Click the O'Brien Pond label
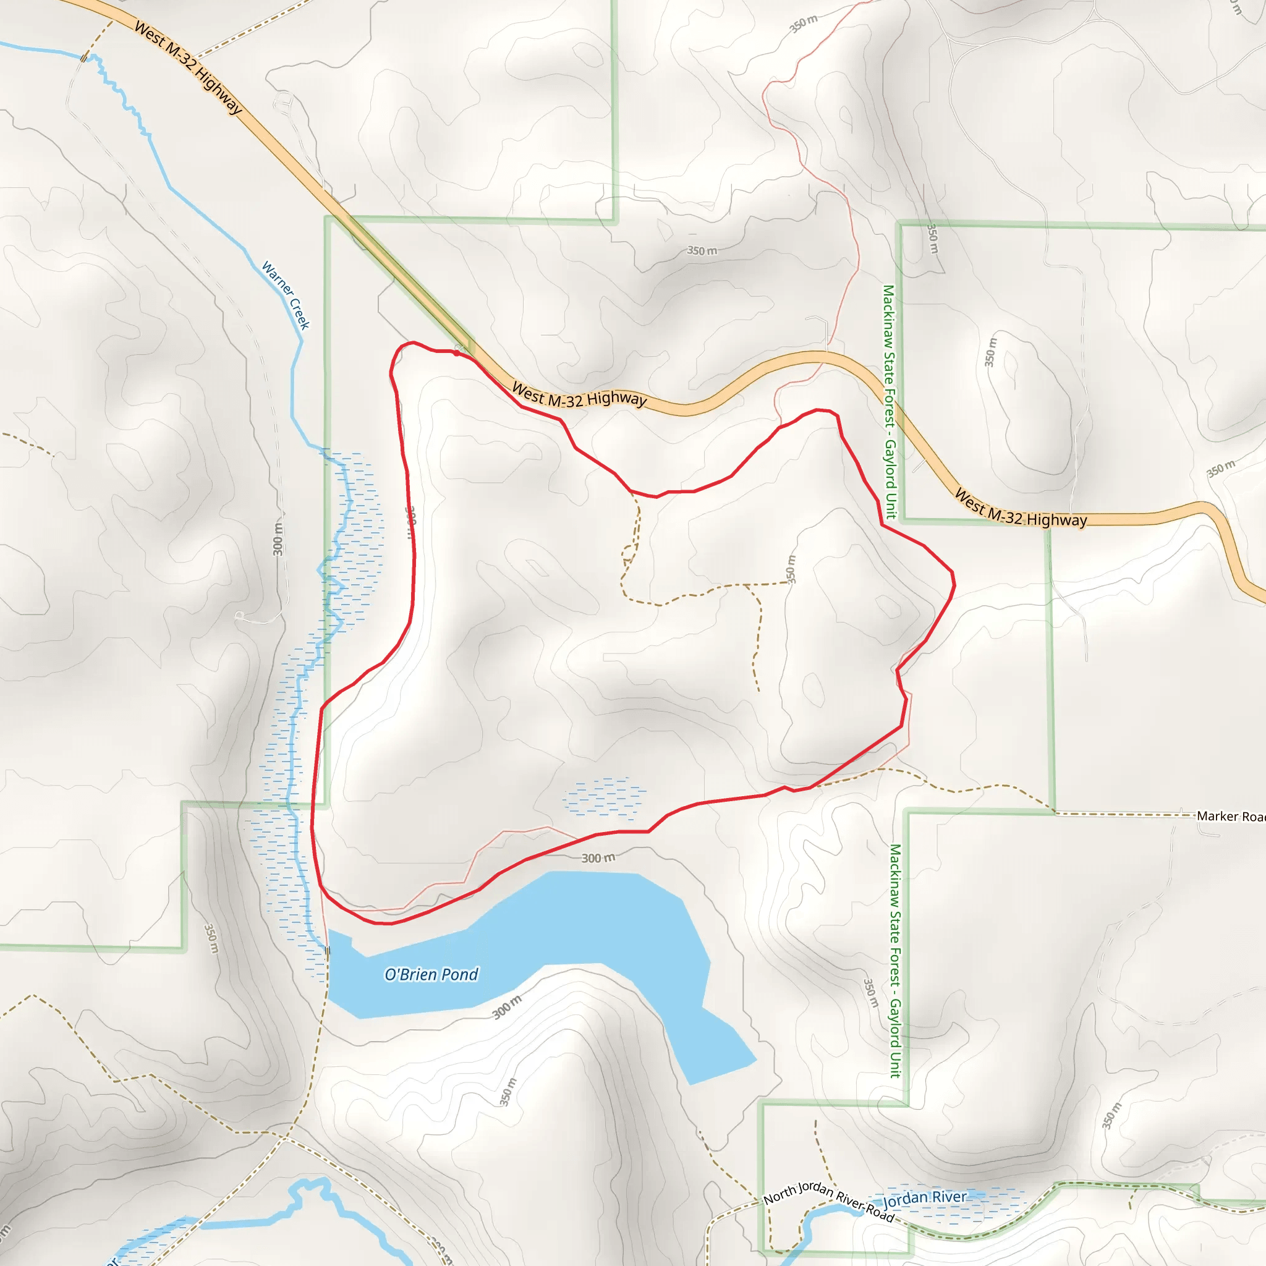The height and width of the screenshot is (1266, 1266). tap(431, 974)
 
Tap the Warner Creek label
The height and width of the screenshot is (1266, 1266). tap(286, 295)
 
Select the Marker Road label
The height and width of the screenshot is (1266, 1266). tap(1230, 816)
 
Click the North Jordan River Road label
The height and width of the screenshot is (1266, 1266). tap(828, 1202)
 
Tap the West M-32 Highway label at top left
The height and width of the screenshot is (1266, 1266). tap(188, 67)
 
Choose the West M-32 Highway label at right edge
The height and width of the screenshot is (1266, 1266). tap(1020, 508)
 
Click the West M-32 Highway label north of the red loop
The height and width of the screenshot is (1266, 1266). tap(579, 395)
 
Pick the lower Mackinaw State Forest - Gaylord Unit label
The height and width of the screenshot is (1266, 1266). tap(895, 961)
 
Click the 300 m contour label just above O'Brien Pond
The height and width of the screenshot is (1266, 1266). tap(598, 858)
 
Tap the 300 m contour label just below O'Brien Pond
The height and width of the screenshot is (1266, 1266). tap(507, 1007)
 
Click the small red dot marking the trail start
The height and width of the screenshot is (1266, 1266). tap(456, 353)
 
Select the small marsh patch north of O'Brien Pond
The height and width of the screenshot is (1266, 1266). tap(604, 798)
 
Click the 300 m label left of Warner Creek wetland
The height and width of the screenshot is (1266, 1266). tap(279, 538)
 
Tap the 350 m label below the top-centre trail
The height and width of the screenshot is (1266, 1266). tap(702, 250)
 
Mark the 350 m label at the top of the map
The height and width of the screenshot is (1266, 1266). tap(804, 23)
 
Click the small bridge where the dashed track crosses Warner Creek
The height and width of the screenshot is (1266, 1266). tap(84, 58)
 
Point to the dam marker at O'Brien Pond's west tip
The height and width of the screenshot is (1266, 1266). tap(327, 950)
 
